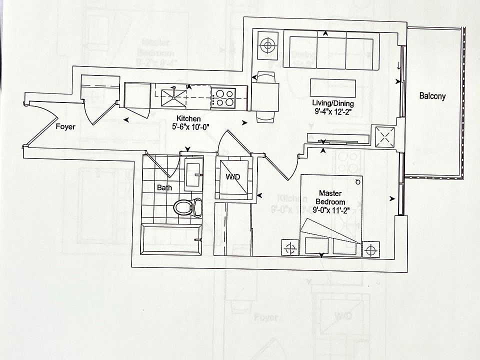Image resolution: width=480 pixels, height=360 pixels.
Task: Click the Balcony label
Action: click(x=432, y=96)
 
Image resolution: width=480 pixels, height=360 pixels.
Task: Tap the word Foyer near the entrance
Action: click(x=65, y=127)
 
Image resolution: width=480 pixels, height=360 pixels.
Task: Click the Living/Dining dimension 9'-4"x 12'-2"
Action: click(x=330, y=111)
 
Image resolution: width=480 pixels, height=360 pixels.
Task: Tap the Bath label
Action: click(x=165, y=188)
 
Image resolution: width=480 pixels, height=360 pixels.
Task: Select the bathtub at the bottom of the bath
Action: click(x=172, y=240)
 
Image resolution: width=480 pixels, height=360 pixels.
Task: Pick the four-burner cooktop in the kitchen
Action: click(x=223, y=97)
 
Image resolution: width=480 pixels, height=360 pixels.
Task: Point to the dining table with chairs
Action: click(x=265, y=97)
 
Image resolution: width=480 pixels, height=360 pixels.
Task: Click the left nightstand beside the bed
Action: click(x=289, y=247)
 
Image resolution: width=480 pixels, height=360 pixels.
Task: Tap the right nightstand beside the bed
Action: click(x=370, y=248)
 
